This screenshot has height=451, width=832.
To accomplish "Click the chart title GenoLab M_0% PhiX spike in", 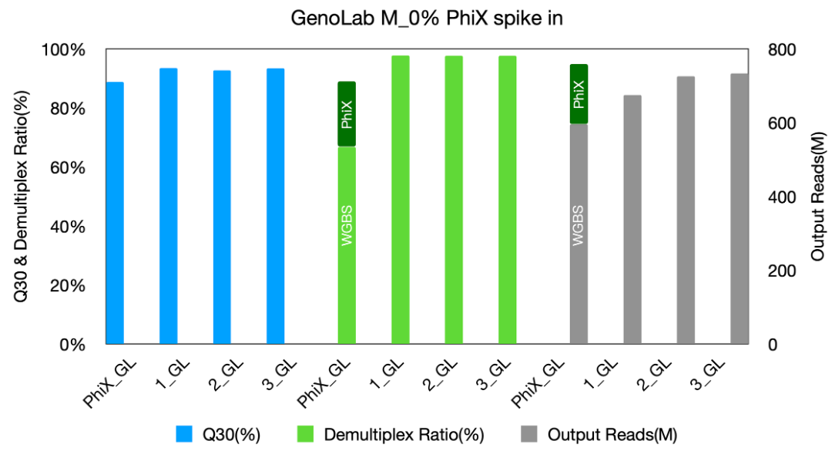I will click(x=427, y=18).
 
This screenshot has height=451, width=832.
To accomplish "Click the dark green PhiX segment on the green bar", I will click(x=347, y=113).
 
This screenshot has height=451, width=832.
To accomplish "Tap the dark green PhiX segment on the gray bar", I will click(x=579, y=94).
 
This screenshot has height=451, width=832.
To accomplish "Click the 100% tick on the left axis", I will click(x=65, y=50).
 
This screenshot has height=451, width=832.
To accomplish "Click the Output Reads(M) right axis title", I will click(x=819, y=197).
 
